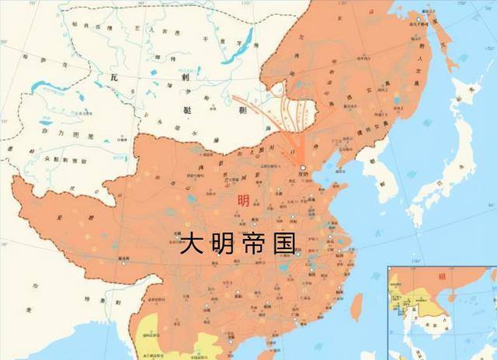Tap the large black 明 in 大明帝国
226,243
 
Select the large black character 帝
259,243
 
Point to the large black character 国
290,243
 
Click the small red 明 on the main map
245,200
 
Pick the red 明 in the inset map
443,275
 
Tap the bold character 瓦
114,78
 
